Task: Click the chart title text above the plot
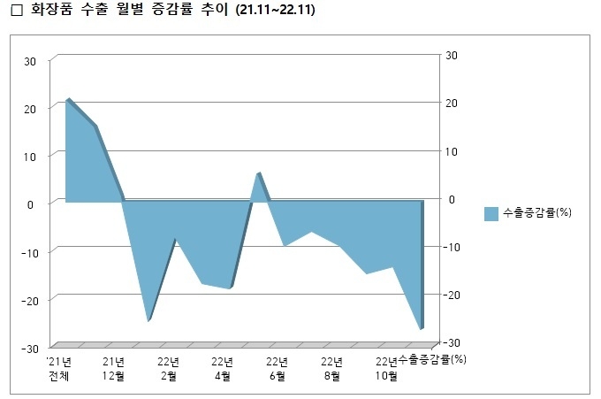[168, 11]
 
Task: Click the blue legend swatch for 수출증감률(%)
[491, 213]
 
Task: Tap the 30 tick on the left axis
[30, 62]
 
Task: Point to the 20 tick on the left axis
[30, 109]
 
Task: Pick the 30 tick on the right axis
[451, 56]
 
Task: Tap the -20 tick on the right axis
[453, 295]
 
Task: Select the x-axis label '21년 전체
[59, 368]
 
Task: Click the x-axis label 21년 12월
[114, 368]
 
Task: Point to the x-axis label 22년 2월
[168, 368]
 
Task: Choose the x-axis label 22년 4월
[223, 368]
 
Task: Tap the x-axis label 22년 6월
[277, 368]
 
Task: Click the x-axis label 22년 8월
[331, 368]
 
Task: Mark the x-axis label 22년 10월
[386, 368]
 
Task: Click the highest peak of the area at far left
[68, 100]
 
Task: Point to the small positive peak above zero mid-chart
[258, 173]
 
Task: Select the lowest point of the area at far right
[421, 329]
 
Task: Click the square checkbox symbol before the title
[13, 12]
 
